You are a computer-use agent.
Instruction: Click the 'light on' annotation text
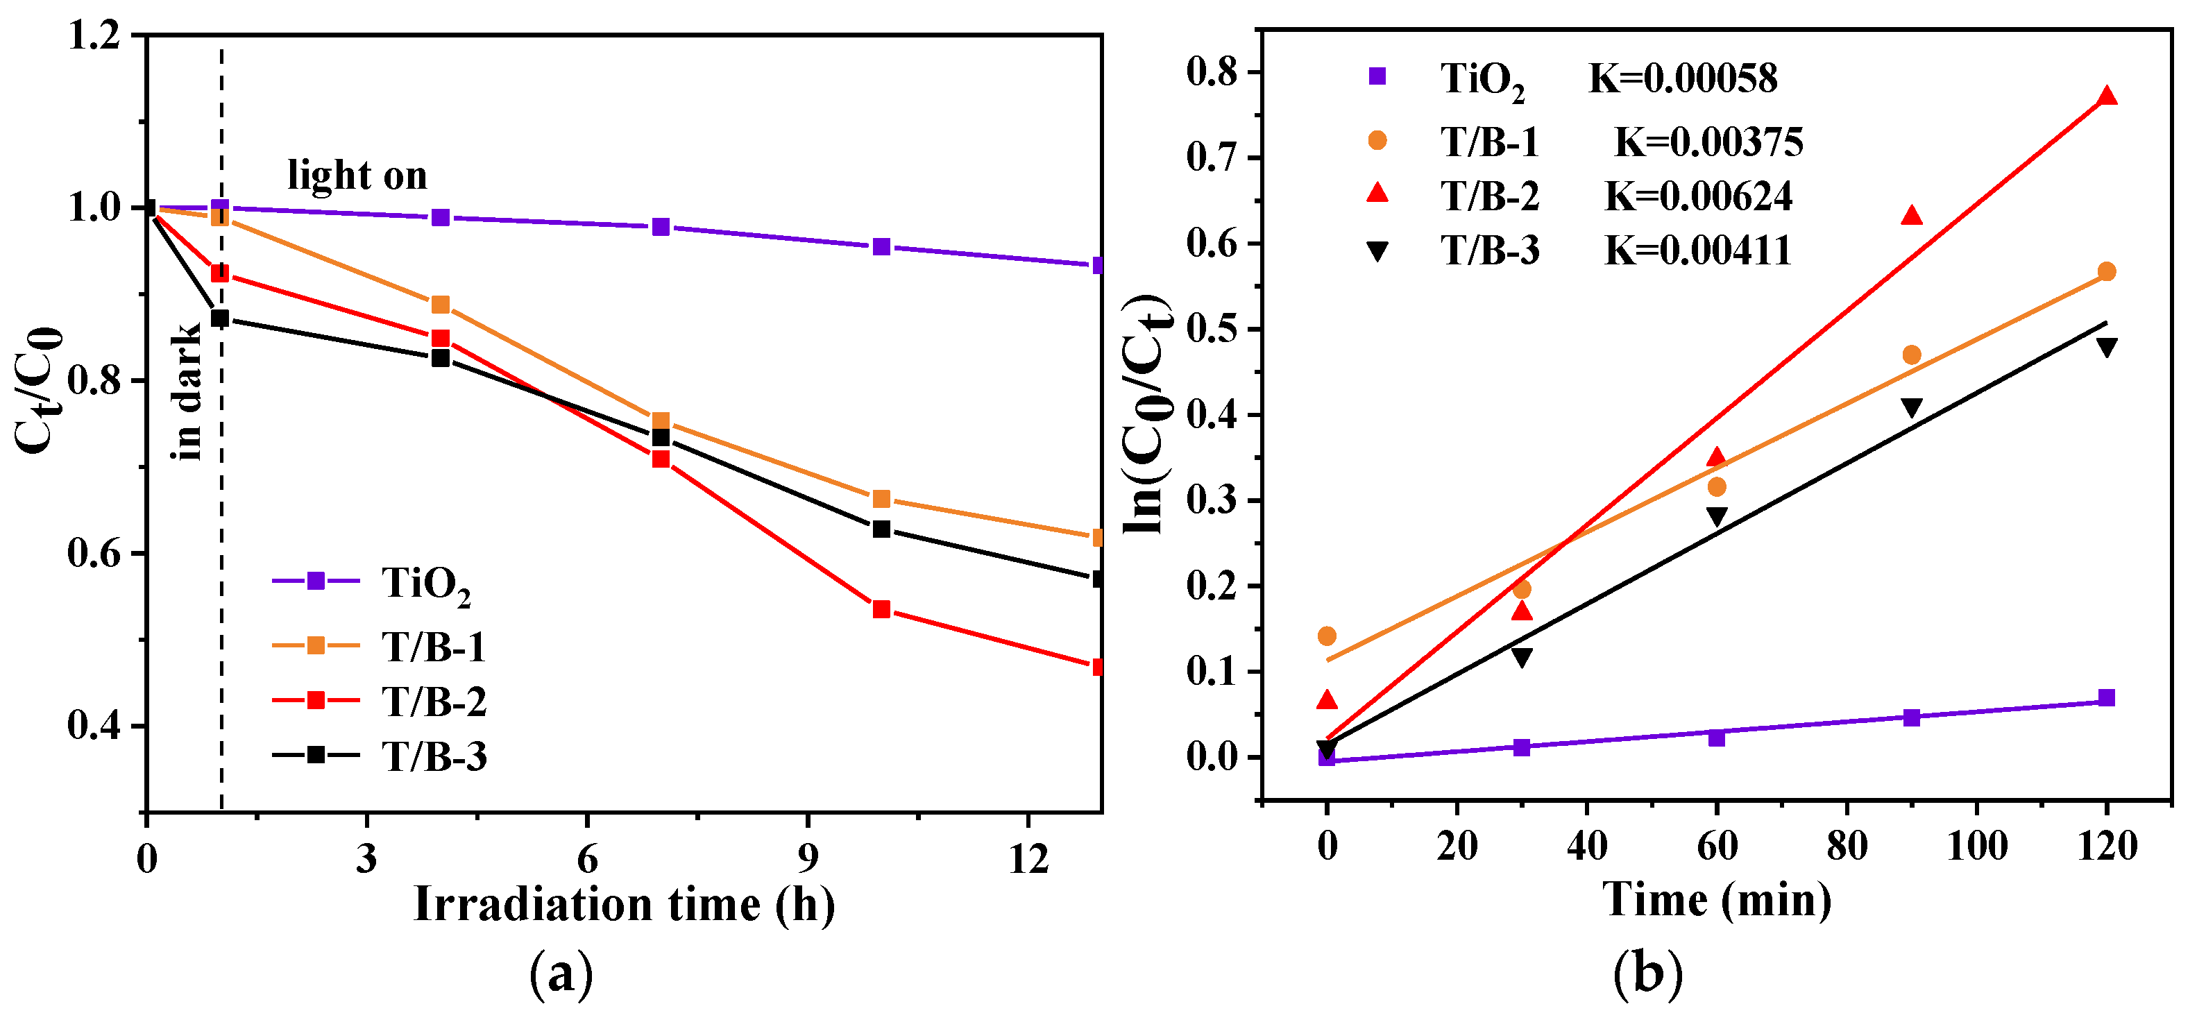[x=357, y=176]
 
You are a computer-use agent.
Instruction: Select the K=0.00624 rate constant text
[x=1697, y=197]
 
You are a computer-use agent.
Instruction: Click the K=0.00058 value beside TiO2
[x=1683, y=79]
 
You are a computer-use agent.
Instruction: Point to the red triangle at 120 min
[x=2107, y=96]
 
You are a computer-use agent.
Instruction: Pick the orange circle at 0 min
[x=1327, y=636]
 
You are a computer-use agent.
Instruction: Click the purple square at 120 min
[x=2107, y=698]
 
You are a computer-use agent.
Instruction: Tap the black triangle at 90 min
[x=1911, y=408]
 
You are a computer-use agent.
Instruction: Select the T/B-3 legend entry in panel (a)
[x=381, y=756]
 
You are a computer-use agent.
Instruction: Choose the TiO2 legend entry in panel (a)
[x=373, y=582]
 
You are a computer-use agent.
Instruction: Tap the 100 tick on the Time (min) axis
[x=1976, y=846]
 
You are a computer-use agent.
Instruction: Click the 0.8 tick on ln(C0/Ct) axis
[x=1212, y=73]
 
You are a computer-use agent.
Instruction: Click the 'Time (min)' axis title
[x=1716, y=900]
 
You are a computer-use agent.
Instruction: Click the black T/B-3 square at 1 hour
[x=220, y=318]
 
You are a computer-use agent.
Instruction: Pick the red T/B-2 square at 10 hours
[x=881, y=610]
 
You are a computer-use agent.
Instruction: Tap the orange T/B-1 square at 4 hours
[x=440, y=305]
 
